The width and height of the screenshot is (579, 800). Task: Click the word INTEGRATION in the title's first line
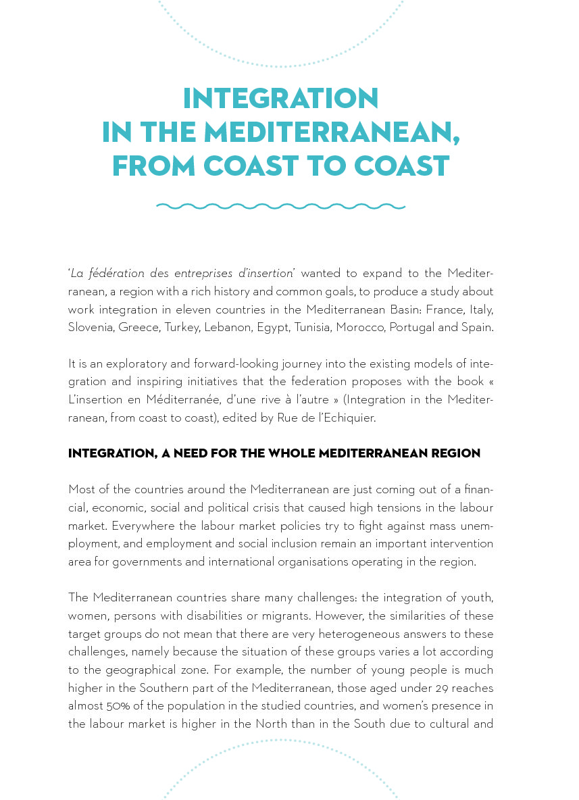click(280, 99)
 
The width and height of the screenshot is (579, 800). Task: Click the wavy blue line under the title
click(280, 206)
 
